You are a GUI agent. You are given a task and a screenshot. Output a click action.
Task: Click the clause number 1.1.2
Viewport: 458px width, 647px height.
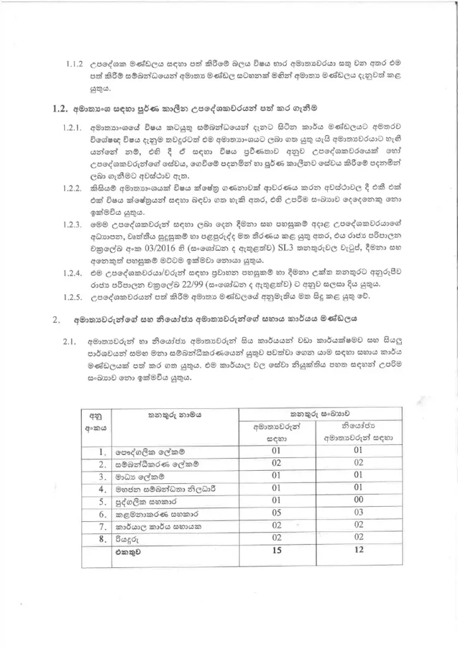[x=75, y=64]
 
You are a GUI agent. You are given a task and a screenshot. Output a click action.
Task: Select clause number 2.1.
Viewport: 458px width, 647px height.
[x=69, y=341]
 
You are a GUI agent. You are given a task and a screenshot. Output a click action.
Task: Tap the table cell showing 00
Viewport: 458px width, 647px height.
[x=358, y=500]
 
